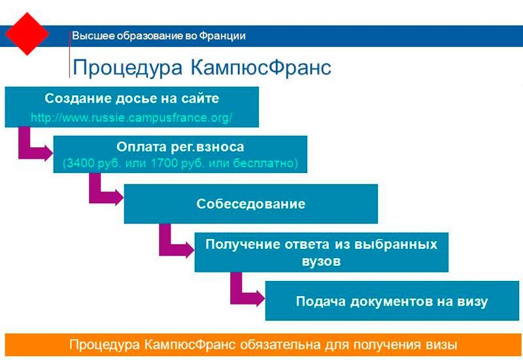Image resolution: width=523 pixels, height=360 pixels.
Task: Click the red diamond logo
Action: (26, 33)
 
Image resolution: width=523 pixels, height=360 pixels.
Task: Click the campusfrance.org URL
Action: (131, 118)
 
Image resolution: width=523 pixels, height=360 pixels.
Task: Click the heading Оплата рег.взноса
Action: (180, 147)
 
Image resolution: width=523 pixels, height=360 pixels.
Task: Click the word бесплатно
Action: (267, 163)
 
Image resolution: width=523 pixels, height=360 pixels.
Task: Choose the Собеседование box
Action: (250, 204)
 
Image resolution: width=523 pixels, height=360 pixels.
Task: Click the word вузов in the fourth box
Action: (321, 261)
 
